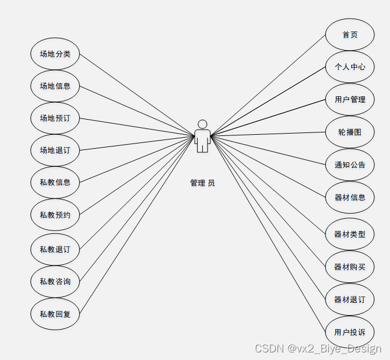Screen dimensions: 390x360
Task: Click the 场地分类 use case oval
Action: [55, 54]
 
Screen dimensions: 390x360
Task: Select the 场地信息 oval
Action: [55, 86]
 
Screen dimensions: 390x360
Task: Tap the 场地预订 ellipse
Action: [55, 118]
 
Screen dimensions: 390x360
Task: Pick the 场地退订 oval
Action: [55, 151]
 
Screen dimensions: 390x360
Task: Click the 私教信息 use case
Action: [55, 183]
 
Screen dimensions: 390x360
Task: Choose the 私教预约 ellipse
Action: [55, 215]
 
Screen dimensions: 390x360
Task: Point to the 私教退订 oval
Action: [55, 249]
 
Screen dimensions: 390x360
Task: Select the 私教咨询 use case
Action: [55, 281]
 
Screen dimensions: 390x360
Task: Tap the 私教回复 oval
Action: [55, 313]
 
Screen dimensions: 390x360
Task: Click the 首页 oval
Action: [350, 35]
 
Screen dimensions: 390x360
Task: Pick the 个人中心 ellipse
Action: [350, 67]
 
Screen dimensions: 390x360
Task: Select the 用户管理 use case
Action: [350, 99]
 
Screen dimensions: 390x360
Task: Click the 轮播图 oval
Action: [350, 132]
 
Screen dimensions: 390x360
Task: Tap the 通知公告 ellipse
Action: [350, 165]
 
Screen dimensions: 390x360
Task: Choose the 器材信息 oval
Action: [350, 197]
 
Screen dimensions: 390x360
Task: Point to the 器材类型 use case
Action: [350, 235]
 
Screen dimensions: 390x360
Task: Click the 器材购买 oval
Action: [350, 267]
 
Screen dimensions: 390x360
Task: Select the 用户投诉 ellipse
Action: [350, 333]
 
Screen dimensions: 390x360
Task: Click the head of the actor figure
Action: [202, 124]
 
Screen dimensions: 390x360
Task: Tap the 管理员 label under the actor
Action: [202, 183]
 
